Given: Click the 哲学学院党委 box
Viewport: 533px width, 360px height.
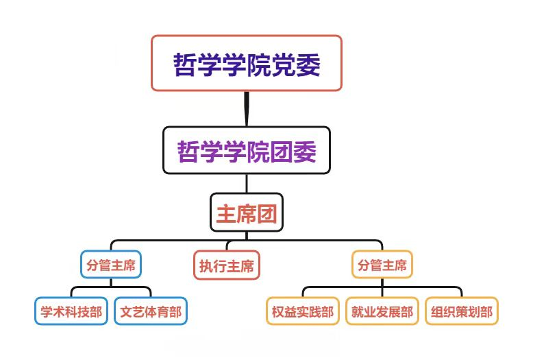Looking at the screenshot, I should [x=246, y=63].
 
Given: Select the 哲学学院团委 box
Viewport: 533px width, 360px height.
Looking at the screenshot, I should [x=246, y=150].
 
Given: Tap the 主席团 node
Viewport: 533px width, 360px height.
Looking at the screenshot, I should [x=246, y=214].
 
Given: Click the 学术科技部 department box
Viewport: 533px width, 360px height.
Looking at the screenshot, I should [x=71, y=312].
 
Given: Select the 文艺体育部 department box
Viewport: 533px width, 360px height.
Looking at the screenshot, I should [x=151, y=312].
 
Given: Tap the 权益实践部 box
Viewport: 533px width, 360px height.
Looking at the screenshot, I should [x=302, y=312].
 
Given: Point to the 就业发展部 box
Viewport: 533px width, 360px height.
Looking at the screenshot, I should [x=382, y=312].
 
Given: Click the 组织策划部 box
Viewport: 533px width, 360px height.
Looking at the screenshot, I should [x=461, y=312].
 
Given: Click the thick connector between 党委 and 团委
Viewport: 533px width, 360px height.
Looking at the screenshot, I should [x=246, y=108].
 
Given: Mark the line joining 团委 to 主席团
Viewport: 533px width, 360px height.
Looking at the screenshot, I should [x=246, y=183].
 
